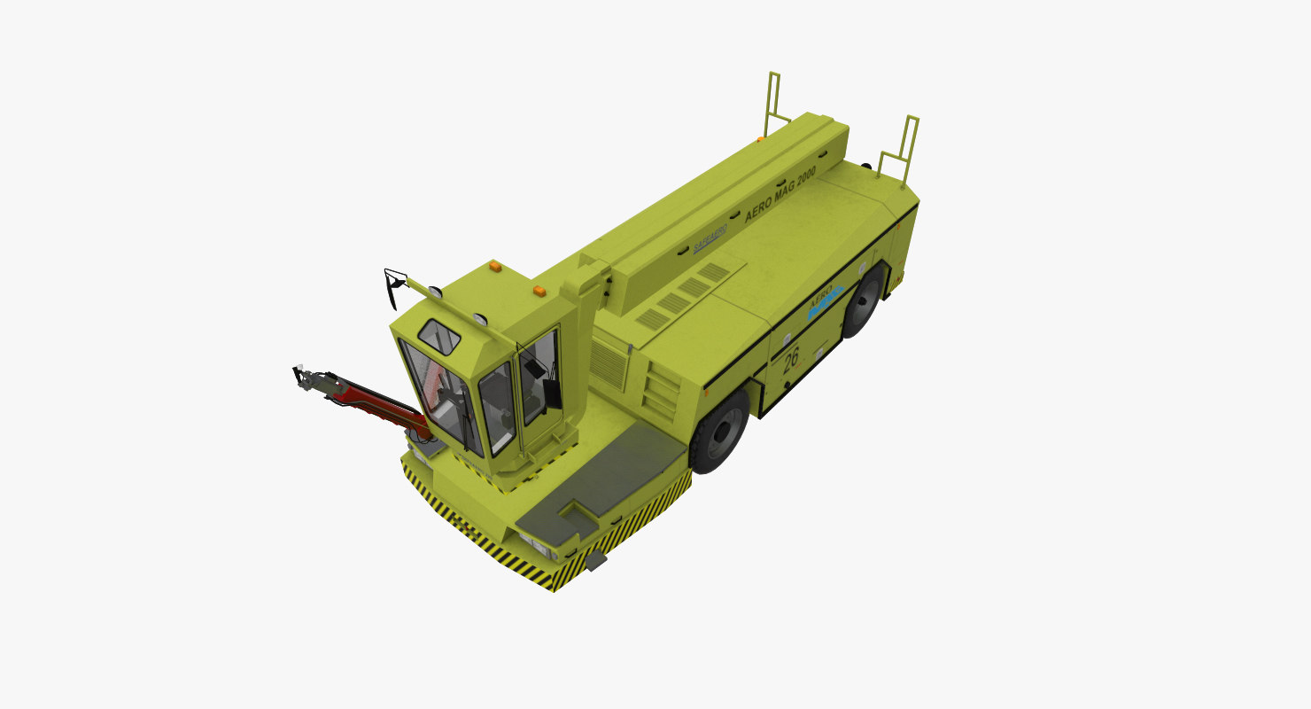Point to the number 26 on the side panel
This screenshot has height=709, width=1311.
click(x=791, y=357)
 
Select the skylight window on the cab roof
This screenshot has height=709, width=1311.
click(x=439, y=336)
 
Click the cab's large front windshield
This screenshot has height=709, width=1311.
click(x=438, y=394)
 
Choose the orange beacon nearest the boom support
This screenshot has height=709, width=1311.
click(x=538, y=290)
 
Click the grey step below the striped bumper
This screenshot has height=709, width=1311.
click(x=595, y=560)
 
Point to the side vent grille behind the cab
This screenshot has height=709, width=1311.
click(x=608, y=363)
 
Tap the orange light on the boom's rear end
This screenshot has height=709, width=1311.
click(x=759, y=139)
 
